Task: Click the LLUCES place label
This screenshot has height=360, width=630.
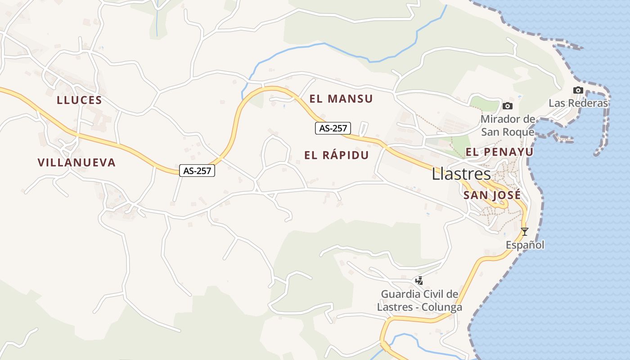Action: [x=79, y=100]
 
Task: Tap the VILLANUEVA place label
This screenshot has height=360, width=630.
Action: [x=76, y=162]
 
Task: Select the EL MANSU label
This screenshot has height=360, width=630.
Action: [x=341, y=99]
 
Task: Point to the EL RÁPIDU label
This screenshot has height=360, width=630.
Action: [x=336, y=155]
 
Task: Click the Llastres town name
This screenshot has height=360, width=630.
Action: [x=461, y=174]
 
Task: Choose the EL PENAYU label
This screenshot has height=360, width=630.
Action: [x=499, y=152]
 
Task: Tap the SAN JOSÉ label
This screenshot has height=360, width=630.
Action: [x=492, y=195]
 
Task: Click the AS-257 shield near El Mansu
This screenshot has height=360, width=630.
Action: [x=333, y=128]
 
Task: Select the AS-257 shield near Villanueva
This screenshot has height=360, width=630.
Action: [x=197, y=171]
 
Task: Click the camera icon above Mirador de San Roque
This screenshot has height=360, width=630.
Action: [x=508, y=106]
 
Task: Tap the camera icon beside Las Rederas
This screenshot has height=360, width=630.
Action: [x=578, y=90]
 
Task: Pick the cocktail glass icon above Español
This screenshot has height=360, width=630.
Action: [x=524, y=232]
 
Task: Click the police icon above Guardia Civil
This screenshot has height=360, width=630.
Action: [x=419, y=281]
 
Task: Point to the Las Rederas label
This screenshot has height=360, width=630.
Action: [x=578, y=103]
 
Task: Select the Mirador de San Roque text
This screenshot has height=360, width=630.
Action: [x=508, y=126]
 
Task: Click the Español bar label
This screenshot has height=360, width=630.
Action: [x=525, y=245]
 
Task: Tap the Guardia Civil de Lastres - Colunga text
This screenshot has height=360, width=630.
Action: [x=419, y=301]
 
